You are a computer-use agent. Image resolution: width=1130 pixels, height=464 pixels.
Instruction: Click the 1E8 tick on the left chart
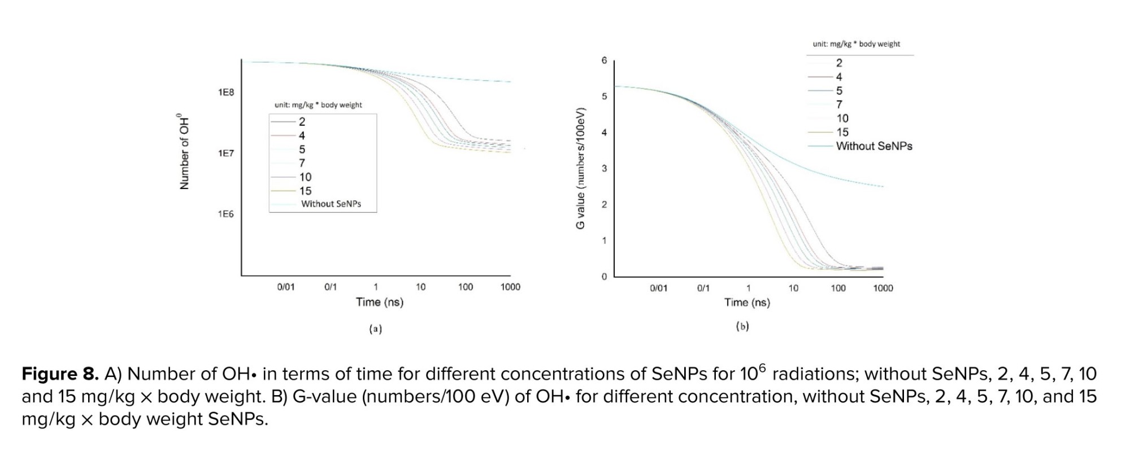pyautogui.click(x=225, y=92)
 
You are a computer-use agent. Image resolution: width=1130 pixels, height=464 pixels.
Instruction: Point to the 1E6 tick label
pyautogui.click(x=225, y=214)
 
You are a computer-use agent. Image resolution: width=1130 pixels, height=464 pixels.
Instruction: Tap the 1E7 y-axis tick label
pyautogui.click(x=225, y=153)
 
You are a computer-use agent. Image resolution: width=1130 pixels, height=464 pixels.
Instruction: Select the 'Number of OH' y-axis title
pyautogui.click(x=184, y=152)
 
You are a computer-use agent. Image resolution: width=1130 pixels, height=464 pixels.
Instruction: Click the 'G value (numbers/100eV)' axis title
pyautogui.click(x=580, y=168)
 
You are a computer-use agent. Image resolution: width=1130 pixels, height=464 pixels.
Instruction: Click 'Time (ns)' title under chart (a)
pyautogui.click(x=380, y=302)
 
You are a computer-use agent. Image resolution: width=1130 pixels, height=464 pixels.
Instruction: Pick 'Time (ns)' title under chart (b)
pyautogui.click(x=747, y=303)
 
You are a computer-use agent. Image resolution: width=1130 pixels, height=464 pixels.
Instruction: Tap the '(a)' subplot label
pyautogui.click(x=376, y=329)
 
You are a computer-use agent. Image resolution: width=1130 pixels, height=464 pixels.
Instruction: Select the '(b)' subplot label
pyautogui.click(x=742, y=326)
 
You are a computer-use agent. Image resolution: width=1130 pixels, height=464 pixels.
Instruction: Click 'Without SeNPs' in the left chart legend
pyautogui.click(x=331, y=204)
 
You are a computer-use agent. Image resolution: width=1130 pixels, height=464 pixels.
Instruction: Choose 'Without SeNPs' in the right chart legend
pyautogui.click(x=874, y=146)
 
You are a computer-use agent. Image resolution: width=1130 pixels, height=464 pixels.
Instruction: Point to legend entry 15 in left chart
pyautogui.click(x=305, y=191)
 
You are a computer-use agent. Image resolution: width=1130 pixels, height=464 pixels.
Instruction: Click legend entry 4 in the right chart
pyautogui.click(x=839, y=77)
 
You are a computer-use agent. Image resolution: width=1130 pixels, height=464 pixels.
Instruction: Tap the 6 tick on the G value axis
pyautogui.click(x=604, y=60)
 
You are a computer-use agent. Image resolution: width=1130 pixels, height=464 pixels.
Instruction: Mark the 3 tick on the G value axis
pyautogui.click(x=604, y=168)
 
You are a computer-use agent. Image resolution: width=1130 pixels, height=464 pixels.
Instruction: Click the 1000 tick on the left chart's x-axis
pyautogui.click(x=510, y=287)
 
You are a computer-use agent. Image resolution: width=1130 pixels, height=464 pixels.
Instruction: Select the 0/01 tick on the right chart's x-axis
pyautogui.click(x=658, y=288)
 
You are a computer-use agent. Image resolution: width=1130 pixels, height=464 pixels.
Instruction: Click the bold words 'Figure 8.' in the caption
pyautogui.click(x=60, y=374)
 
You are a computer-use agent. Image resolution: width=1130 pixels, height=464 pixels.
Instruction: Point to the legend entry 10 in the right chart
pyautogui.click(x=842, y=119)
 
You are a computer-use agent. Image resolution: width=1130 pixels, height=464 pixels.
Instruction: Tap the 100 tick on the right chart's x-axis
pyautogui.click(x=838, y=288)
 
